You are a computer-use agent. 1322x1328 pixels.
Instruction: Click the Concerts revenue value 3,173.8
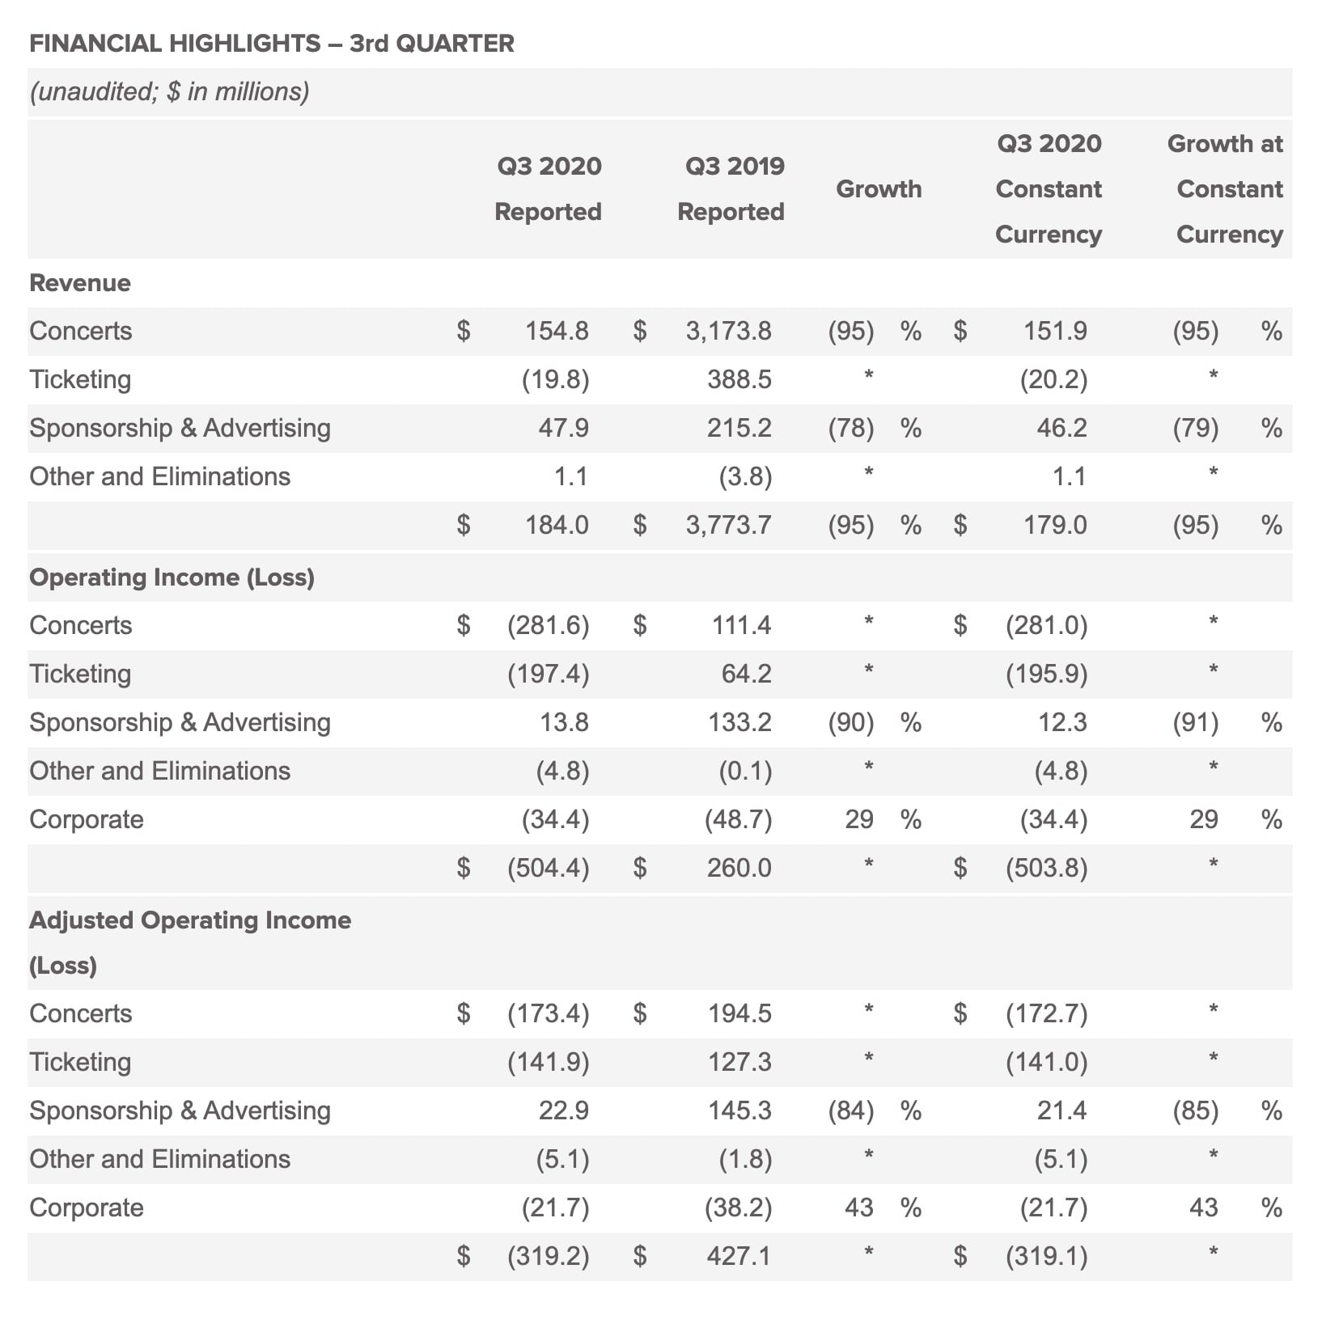[x=728, y=331]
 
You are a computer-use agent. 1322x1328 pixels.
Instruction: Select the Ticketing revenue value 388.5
[x=739, y=379]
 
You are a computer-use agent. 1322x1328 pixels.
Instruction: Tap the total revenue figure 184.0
[x=557, y=525]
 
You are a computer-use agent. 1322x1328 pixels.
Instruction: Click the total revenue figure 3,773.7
[x=728, y=525]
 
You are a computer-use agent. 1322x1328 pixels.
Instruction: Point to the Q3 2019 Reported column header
[x=731, y=188]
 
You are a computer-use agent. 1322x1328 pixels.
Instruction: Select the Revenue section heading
[x=80, y=282]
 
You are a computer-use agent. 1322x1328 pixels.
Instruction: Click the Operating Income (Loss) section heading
[x=172, y=577]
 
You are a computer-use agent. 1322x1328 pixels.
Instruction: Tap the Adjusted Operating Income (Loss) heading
[x=190, y=942]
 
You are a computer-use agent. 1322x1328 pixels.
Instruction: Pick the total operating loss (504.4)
[x=549, y=868]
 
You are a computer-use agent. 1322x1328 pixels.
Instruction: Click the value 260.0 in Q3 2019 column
[x=739, y=868]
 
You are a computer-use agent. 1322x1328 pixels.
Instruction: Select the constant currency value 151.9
[x=1055, y=331]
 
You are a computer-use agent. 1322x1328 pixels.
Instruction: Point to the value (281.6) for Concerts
[x=549, y=625]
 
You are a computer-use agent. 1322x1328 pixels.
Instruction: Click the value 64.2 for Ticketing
[x=746, y=674]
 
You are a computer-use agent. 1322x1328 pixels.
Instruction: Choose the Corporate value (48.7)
[x=739, y=819]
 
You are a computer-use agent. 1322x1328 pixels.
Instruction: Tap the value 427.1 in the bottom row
[x=739, y=1256]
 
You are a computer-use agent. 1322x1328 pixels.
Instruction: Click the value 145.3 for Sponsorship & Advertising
[x=739, y=1110]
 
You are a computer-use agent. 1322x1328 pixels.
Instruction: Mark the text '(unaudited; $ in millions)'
[x=169, y=91]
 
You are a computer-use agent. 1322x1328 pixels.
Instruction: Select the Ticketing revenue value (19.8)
[x=555, y=379]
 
